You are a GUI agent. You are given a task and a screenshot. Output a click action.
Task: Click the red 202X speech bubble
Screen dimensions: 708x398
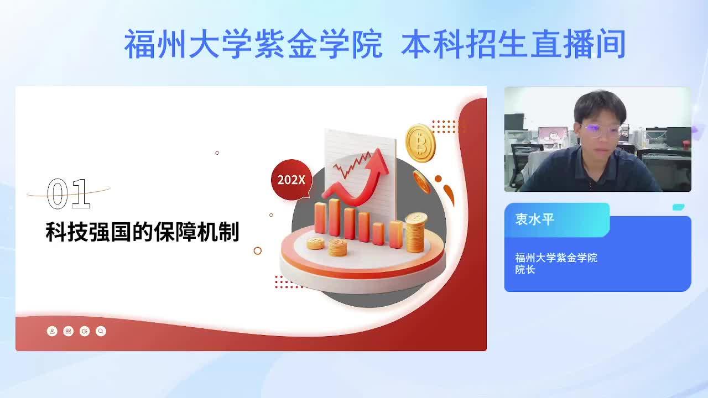tap(291, 180)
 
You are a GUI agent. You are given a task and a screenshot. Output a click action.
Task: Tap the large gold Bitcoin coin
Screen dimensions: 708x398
tap(420, 143)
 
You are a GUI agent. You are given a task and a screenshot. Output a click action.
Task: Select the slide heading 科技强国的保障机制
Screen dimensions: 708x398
tap(142, 232)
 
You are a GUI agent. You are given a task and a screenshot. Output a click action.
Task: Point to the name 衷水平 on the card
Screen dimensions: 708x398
tap(534, 219)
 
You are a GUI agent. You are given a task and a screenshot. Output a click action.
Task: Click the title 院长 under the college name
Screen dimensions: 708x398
tap(525, 270)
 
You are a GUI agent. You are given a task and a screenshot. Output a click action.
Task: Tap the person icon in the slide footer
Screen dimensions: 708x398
tap(52, 331)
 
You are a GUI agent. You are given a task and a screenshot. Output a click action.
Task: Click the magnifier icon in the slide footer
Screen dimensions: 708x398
tap(101, 331)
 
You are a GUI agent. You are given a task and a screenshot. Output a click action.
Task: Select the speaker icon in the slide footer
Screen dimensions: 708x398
tap(85, 331)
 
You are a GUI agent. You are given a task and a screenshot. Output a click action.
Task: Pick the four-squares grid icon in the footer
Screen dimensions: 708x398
tap(68, 331)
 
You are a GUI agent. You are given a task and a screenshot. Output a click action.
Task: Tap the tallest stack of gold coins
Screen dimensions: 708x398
tap(416, 233)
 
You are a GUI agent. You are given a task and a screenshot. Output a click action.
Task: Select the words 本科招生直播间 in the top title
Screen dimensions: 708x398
tap(514, 44)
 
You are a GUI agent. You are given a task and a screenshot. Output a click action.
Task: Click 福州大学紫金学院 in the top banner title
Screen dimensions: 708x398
tap(253, 44)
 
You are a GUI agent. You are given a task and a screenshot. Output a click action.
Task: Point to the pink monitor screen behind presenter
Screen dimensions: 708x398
tap(553, 135)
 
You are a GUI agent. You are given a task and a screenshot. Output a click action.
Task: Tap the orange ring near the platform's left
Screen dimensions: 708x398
tap(258, 251)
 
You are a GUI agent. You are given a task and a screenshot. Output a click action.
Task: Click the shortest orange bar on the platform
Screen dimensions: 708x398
tap(378, 233)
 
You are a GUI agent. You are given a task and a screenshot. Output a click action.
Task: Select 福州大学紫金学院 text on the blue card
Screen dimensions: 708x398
tap(556, 258)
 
